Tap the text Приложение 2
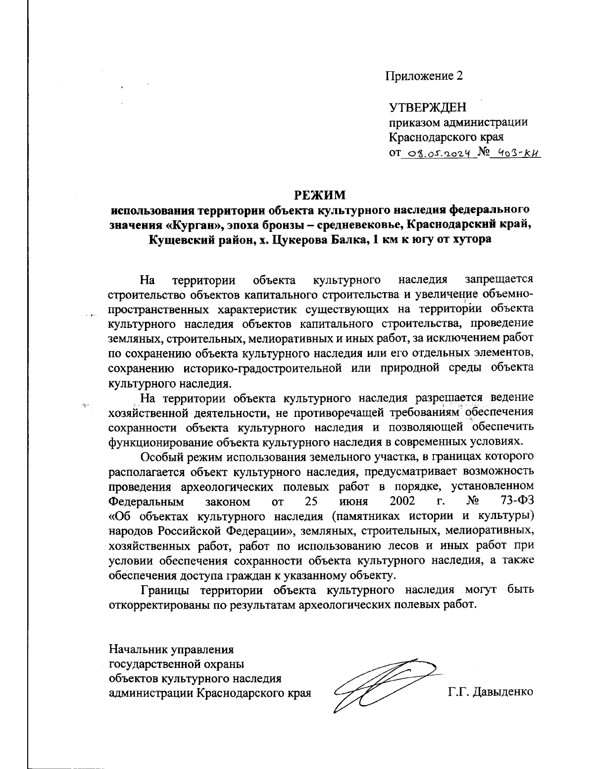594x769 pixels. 425,76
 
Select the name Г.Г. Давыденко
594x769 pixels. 491,691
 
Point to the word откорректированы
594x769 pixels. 159,605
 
